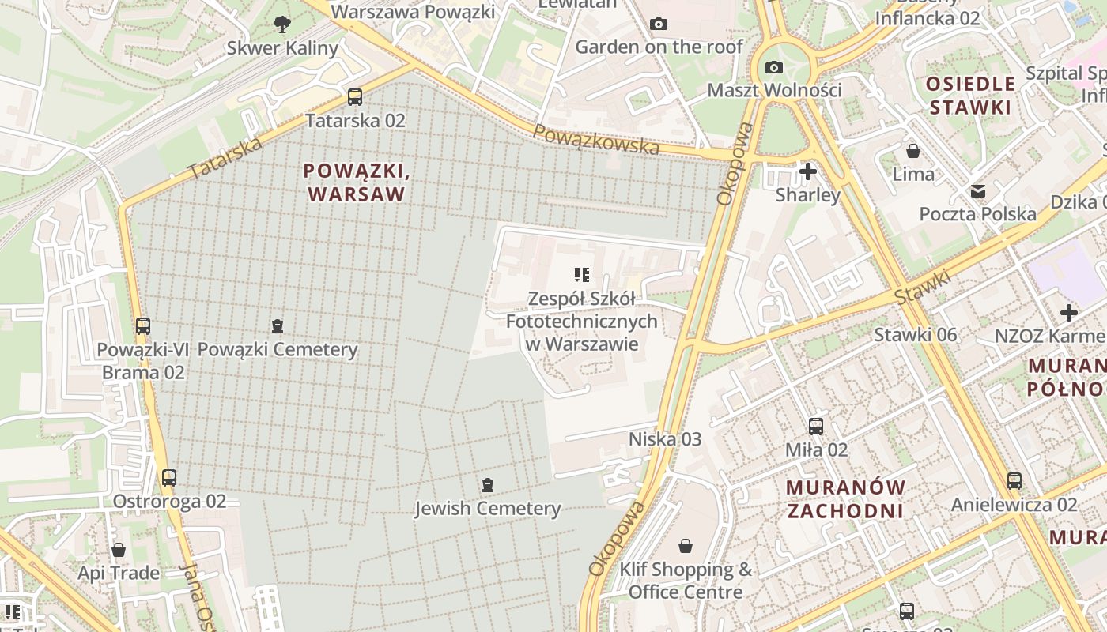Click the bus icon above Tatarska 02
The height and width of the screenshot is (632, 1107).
tap(355, 97)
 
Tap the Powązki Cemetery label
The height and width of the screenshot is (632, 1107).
tap(278, 349)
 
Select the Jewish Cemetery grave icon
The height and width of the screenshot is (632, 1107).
tap(488, 484)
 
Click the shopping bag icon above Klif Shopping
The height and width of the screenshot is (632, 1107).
tap(686, 546)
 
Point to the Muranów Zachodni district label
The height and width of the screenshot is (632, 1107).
tap(845, 498)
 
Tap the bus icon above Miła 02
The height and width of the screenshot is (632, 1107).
tap(816, 427)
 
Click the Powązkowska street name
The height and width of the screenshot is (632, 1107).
tap(595, 140)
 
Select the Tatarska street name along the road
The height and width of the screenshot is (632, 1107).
tap(226, 157)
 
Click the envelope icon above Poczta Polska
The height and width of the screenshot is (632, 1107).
tap(978, 190)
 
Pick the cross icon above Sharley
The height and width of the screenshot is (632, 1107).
tap(807, 171)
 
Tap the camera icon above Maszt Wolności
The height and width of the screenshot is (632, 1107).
tap(774, 67)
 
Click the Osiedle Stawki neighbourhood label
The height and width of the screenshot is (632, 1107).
tap(970, 96)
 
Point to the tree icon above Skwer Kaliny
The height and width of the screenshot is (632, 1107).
tap(281, 24)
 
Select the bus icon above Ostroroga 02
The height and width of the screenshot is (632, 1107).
tap(169, 477)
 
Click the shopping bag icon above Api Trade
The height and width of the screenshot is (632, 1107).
tap(119, 549)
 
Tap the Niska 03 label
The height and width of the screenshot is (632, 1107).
tap(664, 438)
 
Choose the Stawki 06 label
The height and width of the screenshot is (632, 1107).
tap(915, 335)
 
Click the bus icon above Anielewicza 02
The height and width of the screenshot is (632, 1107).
tap(1014, 480)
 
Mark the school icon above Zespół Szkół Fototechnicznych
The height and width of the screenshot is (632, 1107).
tap(582, 275)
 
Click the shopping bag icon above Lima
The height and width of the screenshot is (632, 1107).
tap(913, 150)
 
